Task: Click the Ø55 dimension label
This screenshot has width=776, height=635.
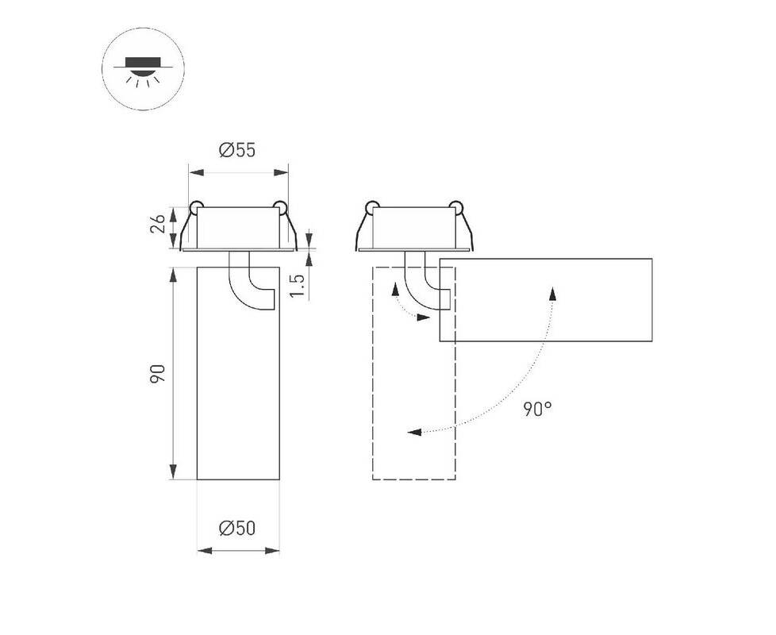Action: click(237, 150)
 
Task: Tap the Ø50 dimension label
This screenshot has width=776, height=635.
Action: click(237, 528)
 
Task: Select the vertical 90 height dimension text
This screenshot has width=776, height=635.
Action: click(157, 374)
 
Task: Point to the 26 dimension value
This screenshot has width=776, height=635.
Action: click(157, 224)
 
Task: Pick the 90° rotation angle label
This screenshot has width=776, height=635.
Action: click(538, 409)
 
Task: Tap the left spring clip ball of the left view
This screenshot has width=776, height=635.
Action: click(196, 206)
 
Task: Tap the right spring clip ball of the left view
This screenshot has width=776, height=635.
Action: click(280, 206)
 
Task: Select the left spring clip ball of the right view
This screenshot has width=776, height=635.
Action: click(371, 206)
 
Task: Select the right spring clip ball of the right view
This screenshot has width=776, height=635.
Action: click(455, 206)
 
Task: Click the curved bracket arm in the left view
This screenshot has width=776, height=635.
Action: click(245, 287)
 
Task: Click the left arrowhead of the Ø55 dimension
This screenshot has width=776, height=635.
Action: click(196, 172)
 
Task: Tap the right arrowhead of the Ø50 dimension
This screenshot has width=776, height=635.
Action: click(272, 550)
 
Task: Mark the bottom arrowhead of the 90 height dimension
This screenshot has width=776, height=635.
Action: click(173, 471)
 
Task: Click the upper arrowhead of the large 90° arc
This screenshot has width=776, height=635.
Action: click(553, 293)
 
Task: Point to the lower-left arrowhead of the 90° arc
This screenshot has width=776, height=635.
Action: click(414, 432)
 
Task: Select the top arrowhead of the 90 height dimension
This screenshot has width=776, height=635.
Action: click(173, 275)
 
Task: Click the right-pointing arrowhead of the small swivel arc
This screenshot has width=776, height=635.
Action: click(423, 317)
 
